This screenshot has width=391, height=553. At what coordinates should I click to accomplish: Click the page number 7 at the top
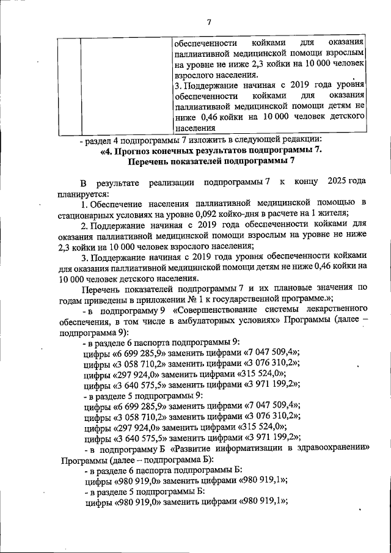pyautogui.click(x=209, y=23)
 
